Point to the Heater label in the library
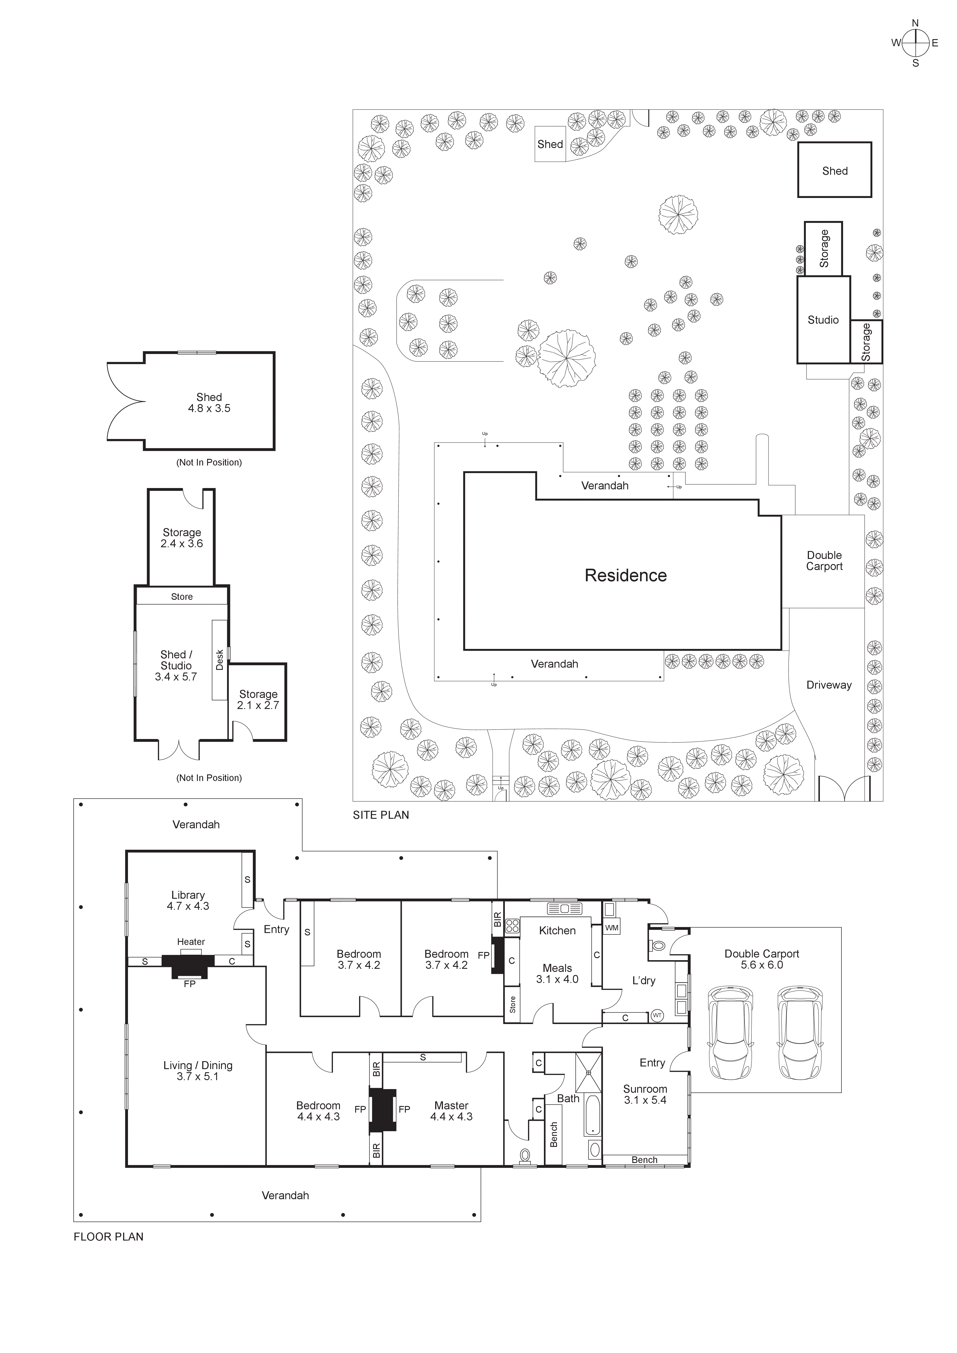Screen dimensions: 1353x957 point(191,942)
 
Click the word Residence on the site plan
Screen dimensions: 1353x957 point(626,576)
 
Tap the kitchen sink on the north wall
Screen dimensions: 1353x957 point(564,908)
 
